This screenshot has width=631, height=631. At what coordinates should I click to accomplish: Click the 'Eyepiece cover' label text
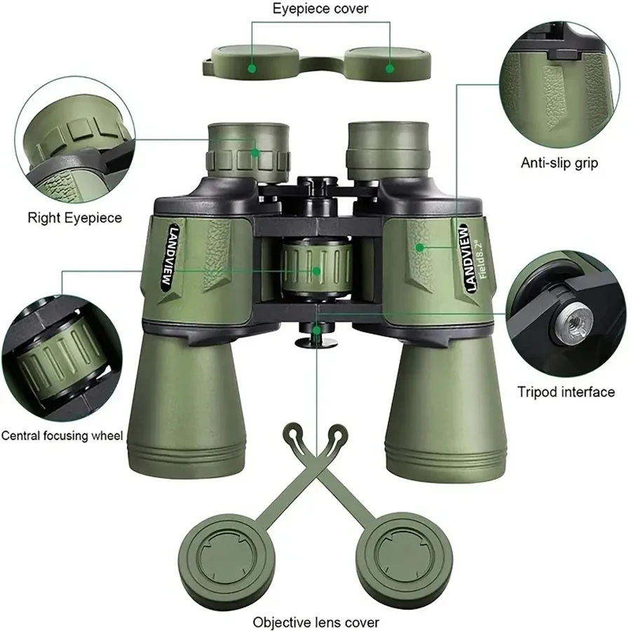(x=320, y=9)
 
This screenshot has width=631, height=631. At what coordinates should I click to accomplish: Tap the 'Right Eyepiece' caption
(x=74, y=217)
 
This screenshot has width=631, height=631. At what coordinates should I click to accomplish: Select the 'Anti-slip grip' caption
(x=559, y=163)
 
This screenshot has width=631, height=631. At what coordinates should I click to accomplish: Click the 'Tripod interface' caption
(x=566, y=392)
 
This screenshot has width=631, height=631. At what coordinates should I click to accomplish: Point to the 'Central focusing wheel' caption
(x=62, y=435)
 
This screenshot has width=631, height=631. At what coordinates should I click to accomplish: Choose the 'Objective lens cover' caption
(x=316, y=622)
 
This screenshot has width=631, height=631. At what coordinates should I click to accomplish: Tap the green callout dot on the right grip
(x=420, y=247)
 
